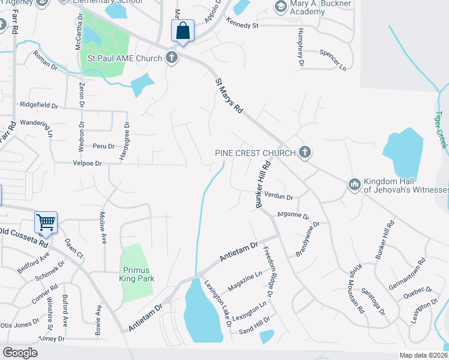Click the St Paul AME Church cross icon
pos(172,58)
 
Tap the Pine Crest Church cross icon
pos(305,152)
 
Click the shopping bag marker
pos(182,30)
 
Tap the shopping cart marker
pos(46,222)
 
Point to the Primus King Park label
pos(135,274)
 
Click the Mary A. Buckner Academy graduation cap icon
pos(280,6)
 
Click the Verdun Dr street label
pos(279,197)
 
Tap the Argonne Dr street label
pos(293,215)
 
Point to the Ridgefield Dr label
pos(39,105)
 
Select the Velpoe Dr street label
pos(87,163)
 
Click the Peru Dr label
pos(99,146)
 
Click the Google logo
pos(20,353)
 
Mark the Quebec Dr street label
pos(418,292)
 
